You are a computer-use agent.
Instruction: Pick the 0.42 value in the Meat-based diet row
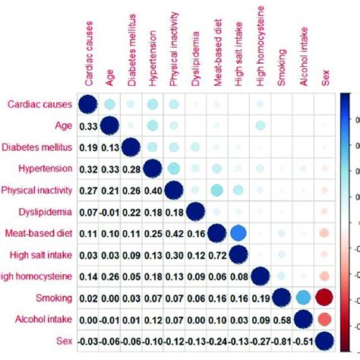174,232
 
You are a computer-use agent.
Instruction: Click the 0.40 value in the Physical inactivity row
153,189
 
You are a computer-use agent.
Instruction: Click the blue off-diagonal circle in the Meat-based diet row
238,232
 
